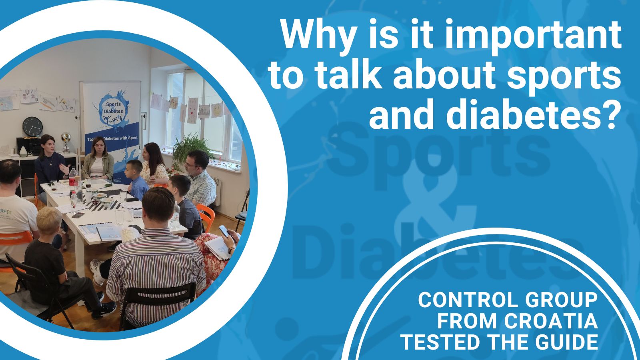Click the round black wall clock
tap(32, 126)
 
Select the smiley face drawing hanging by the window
tap(217, 110)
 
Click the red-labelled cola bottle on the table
tap(72, 180)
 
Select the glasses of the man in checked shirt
tap(192, 166)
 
